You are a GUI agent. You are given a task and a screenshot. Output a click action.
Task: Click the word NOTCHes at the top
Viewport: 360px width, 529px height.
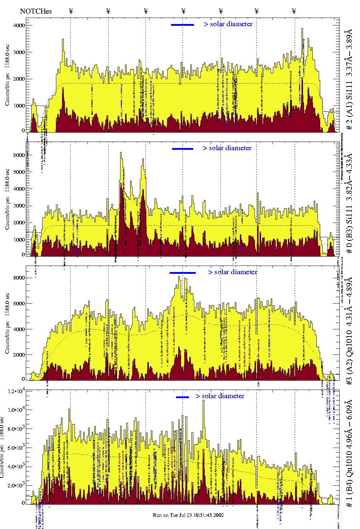pos(36,11)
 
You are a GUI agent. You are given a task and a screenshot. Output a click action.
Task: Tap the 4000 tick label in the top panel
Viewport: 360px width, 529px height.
pos(19,25)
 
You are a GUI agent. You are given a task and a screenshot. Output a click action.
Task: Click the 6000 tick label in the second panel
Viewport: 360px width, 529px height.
pos(19,155)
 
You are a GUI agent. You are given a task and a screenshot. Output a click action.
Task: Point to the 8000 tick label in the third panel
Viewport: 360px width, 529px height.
pos(19,278)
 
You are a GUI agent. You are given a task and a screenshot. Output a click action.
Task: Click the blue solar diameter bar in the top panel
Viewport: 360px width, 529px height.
pos(183,25)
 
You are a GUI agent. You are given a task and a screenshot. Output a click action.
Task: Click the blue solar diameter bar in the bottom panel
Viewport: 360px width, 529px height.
pos(183,397)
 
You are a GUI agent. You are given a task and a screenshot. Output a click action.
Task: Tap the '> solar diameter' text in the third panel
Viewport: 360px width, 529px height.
pos(232,272)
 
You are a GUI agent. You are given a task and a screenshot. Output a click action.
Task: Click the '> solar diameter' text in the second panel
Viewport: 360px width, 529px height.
pos(227,148)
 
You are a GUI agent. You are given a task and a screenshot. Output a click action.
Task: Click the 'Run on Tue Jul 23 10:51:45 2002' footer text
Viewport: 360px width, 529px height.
pos(188,515)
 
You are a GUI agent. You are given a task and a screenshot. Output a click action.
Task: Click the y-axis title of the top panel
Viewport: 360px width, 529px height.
pos(7,75)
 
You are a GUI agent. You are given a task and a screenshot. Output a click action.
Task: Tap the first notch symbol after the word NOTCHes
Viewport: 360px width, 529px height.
pos(71,11)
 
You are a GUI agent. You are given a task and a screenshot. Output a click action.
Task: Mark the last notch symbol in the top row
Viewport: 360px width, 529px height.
pos(294,11)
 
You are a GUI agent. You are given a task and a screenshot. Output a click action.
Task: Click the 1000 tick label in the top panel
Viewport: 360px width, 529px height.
pos(19,106)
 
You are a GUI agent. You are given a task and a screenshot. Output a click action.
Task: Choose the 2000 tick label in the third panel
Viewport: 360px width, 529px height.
pos(19,355)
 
